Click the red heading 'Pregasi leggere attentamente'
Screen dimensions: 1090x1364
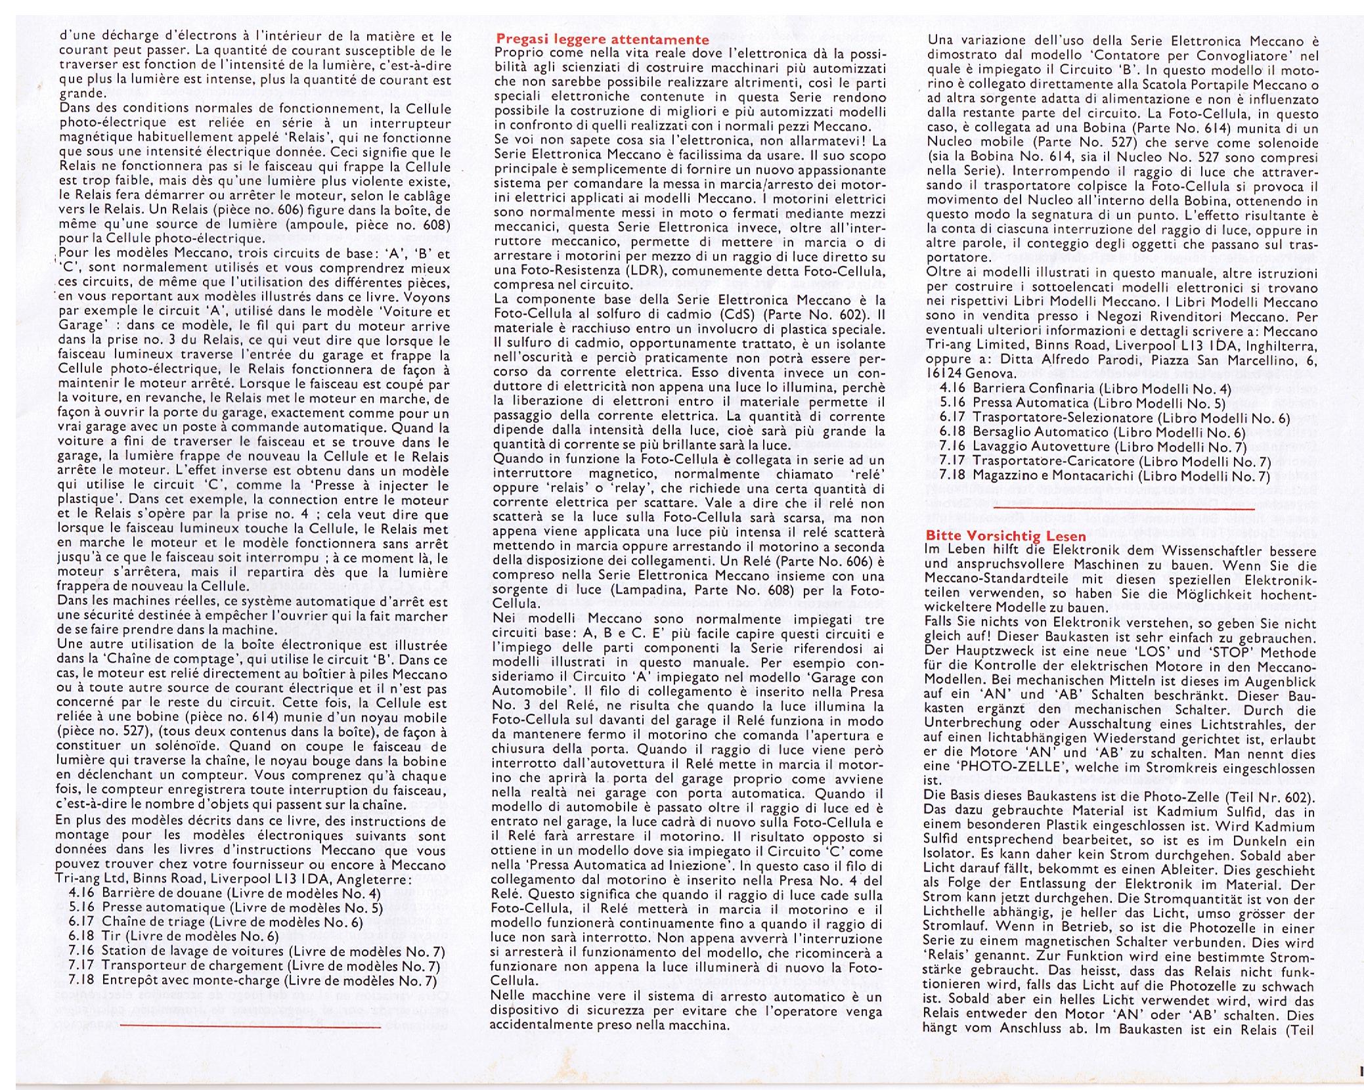(x=602, y=39)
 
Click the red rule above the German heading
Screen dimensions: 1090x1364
(x=1124, y=508)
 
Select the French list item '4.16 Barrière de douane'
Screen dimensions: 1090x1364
(x=224, y=893)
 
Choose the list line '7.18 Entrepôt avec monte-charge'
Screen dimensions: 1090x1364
(x=252, y=980)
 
